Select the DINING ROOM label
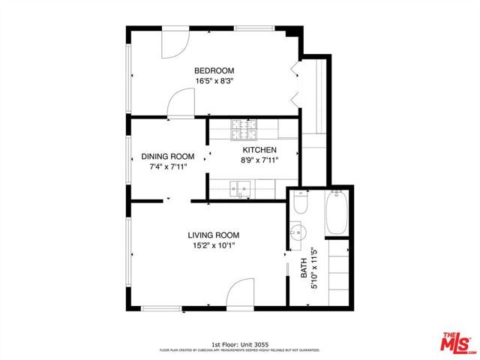[x=168, y=157]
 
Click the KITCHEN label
[x=259, y=150]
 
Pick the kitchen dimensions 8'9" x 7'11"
[x=259, y=160]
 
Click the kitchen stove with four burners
[x=243, y=130]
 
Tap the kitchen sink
[x=239, y=189]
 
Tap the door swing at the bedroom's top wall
[x=174, y=43]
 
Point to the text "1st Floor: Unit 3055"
[x=239, y=342]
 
